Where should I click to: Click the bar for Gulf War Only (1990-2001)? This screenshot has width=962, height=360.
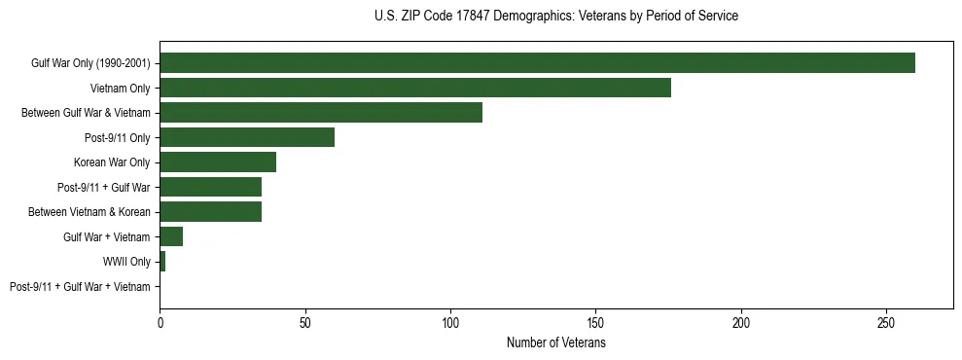[537, 63]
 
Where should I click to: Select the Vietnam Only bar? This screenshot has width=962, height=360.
[415, 88]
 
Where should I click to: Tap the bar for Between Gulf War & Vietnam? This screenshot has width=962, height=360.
[321, 113]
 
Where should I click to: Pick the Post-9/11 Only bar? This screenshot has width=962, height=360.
[247, 137]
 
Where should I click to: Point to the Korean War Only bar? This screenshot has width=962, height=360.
[218, 162]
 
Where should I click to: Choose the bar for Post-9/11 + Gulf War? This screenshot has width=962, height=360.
[210, 187]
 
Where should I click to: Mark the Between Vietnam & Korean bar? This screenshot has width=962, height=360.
[210, 212]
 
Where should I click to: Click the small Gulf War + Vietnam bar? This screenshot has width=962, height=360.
[171, 236]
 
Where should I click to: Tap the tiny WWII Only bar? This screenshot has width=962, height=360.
[162, 262]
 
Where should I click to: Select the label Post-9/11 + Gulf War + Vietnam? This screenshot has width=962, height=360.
[80, 287]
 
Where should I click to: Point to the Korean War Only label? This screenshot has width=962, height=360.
[112, 162]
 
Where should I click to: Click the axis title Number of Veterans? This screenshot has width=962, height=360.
[555, 343]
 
